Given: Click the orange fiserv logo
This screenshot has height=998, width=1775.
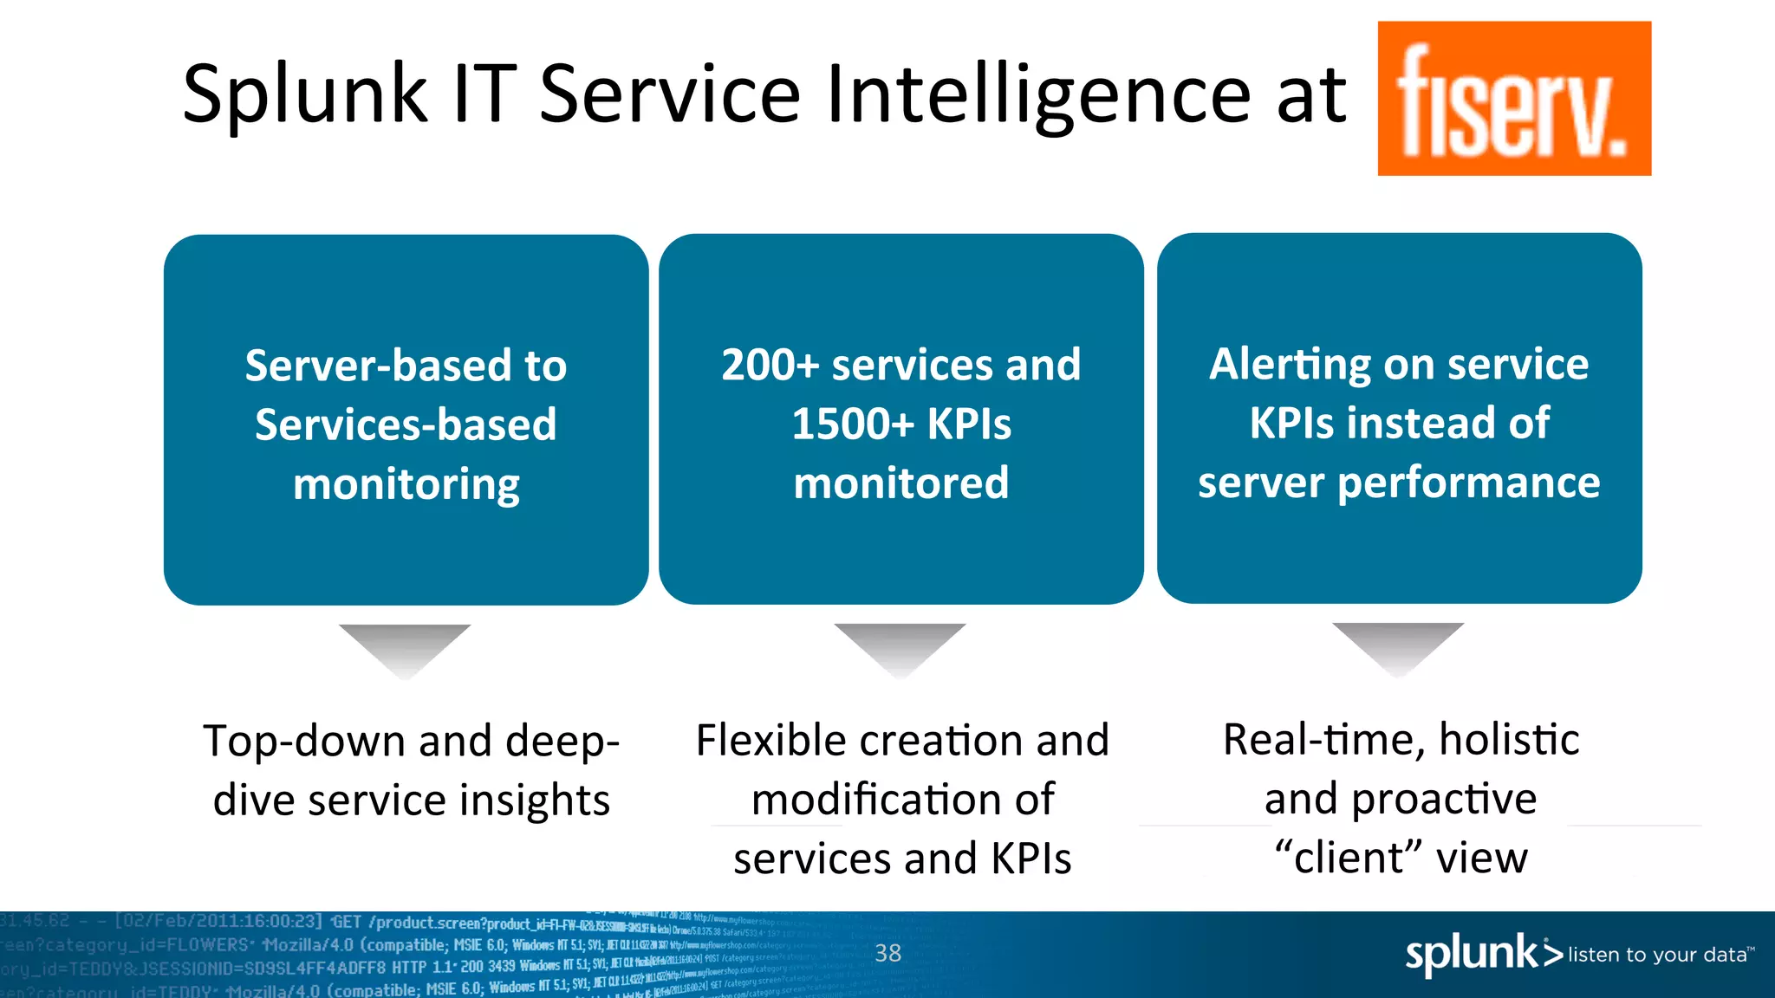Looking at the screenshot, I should point(1513,99).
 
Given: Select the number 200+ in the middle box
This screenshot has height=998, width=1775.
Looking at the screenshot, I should point(770,365).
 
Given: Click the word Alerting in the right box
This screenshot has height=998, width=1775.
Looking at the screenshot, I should point(1289,364).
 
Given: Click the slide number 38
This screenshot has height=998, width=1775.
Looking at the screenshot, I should point(887,953).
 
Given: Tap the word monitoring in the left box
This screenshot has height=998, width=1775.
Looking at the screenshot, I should point(406,484).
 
